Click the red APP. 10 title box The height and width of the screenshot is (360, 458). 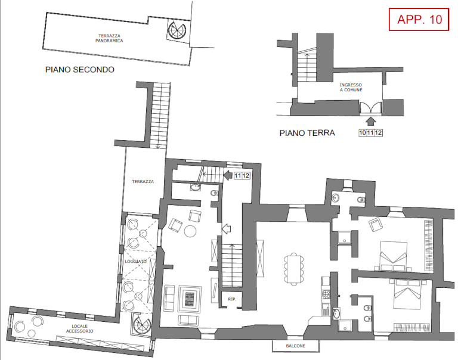419,19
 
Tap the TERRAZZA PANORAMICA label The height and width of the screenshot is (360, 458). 109,38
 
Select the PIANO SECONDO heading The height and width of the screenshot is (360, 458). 80,70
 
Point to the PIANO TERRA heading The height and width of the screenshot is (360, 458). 307,133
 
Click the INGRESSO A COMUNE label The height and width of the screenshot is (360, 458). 351,87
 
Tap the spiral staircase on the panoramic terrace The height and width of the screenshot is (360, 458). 177,30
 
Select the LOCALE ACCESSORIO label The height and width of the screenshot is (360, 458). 79,328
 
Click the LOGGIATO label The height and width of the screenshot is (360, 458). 135,261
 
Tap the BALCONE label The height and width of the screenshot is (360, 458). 296,346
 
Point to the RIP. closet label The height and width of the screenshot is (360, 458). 232,299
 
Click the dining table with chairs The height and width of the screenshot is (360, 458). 294,269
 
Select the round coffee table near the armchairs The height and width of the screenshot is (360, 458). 190,231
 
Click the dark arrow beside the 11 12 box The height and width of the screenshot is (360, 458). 228,175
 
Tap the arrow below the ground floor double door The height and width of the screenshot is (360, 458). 371,121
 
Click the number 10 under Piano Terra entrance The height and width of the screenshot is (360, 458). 363,133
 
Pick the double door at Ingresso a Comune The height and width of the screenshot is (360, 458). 371,107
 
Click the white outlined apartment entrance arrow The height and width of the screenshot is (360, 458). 227,229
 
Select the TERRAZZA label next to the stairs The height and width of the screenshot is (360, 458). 143,182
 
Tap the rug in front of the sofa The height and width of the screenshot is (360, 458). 190,299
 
